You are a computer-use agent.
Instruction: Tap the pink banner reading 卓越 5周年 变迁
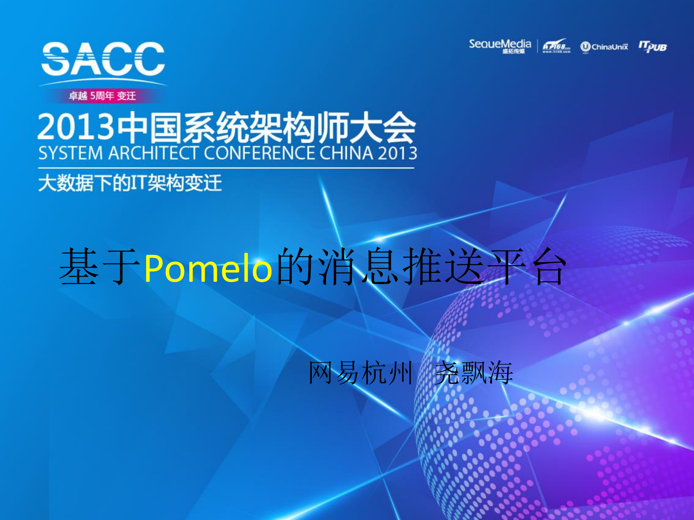click(102, 96)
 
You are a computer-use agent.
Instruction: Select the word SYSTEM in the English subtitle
click(71, 153)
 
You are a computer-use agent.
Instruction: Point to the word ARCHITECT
click(153, 153)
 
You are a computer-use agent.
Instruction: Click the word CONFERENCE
click(259, 153)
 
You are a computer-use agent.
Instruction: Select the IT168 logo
click(556, 46)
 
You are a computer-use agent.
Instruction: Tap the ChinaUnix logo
click(604, 47)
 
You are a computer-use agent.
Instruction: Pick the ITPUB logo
click(652, 47)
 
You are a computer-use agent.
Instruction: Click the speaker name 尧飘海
click(474, 373)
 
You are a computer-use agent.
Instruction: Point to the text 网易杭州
click(360, 373)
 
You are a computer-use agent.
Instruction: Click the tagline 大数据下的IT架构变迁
click(130, 183)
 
